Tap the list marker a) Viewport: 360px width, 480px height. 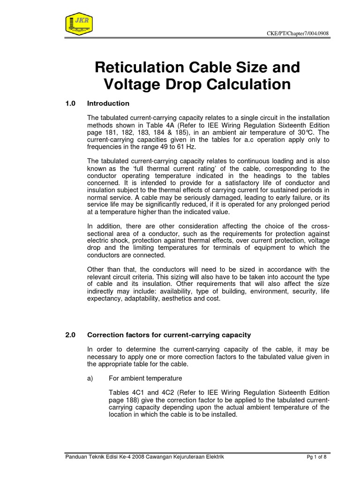(x=91, y=378)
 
